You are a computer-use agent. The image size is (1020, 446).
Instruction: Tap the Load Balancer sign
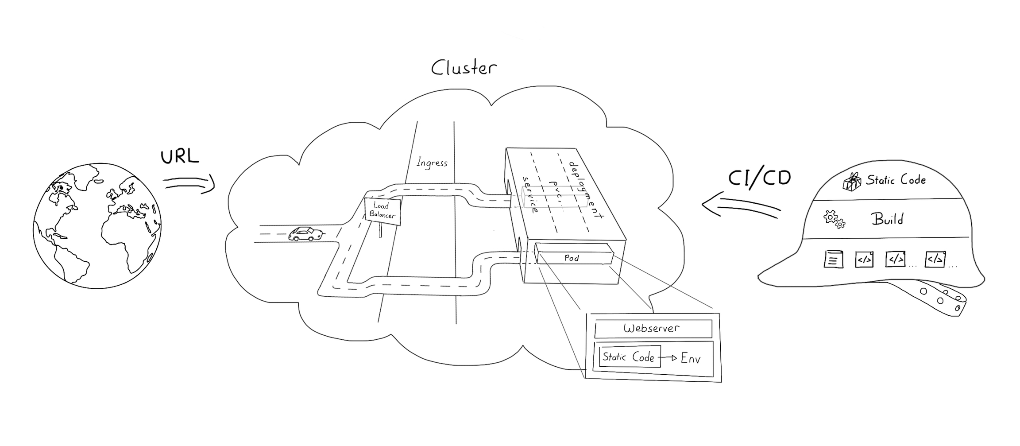click(382, 211)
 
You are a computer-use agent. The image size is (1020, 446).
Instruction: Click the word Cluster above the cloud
click(464, 68)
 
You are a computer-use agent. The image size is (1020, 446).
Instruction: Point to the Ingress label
click(432, 163)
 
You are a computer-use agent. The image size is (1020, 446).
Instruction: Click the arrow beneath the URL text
click(189, 183)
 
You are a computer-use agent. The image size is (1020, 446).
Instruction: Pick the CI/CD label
click(759, 178)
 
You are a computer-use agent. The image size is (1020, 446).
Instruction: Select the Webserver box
click(653, 329)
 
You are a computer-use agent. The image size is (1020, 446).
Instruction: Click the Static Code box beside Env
click(629, 357)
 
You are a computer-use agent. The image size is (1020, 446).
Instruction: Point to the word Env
click(691, 358)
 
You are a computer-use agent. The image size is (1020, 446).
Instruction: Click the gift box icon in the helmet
click(851, 182)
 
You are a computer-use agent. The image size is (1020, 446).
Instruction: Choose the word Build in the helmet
click(887, 219)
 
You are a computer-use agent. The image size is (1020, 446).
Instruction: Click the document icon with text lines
click(833, 259)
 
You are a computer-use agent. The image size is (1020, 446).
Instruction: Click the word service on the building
click(530, 195)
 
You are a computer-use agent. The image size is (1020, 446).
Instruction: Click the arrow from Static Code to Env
click(668, 358)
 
